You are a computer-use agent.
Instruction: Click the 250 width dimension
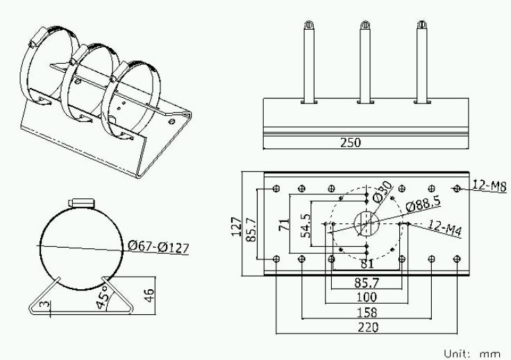pyautogui.click(x=351, y=143)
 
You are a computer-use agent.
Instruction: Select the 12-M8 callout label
pyautogui.click(x=489, y=186)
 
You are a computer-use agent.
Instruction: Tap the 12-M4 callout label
pyautogui.click(x=445, y=228)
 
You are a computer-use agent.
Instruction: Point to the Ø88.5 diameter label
pyautogui.click(x=423, y=204)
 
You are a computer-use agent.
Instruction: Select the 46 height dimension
pyautogui.click(x=149, y=295)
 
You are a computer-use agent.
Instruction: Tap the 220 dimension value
pyautogui.click(x=368, y=327)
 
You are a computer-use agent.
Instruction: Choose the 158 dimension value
pyautogui.click(x=367, y=312)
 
